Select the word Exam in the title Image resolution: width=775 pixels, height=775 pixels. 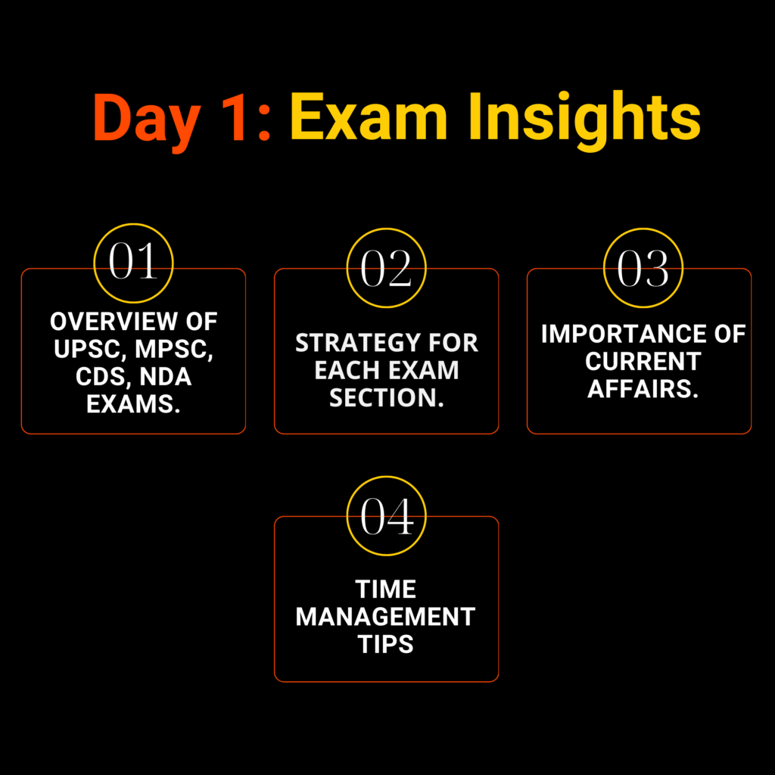click(369, 117)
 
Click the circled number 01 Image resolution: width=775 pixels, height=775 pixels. click(133, 262)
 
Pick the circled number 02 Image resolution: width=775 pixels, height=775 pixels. click(386, 268)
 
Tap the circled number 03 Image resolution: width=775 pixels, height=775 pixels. click(643, 268)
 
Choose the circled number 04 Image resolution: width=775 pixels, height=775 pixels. click(386, 516)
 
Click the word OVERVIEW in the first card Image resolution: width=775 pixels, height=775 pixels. click(114, 322)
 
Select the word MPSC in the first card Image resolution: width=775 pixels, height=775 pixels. click(173, 350)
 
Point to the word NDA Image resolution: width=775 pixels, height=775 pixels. click(166, 377)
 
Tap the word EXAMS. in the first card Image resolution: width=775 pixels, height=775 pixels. click(133, 404)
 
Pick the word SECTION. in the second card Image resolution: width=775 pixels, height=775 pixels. click(387, 398)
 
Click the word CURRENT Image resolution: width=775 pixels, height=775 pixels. click(643, 362)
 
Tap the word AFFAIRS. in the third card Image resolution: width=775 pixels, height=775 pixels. click(643, 389)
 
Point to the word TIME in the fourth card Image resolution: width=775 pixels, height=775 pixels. click(385, 590)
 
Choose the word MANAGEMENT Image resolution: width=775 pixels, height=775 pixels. click(385, 617)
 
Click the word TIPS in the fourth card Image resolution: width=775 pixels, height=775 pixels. click(385, 645)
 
